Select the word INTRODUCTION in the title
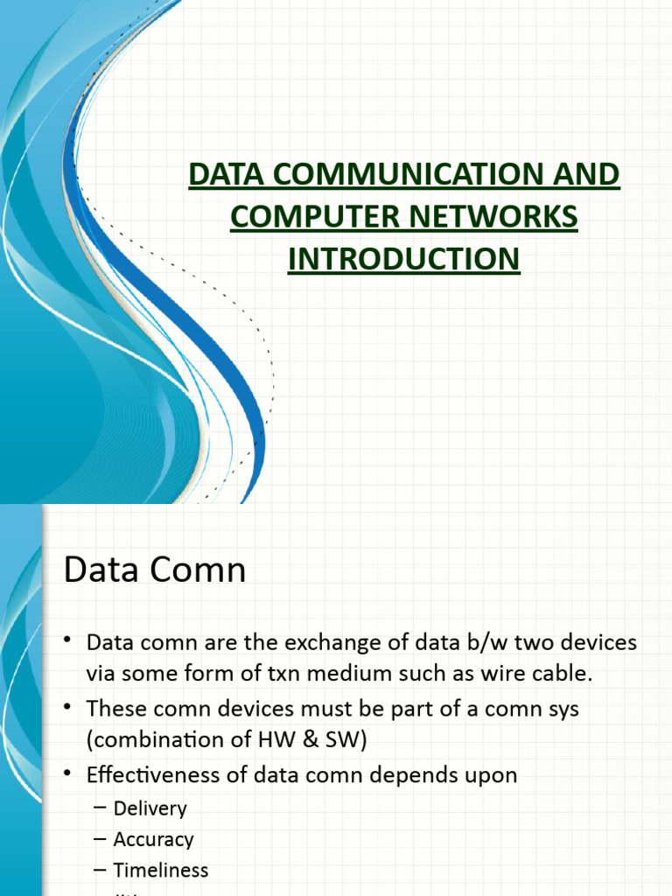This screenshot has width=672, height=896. (404, 259)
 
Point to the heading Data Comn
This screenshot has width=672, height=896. (155, 570)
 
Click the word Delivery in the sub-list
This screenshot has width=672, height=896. (150, 808)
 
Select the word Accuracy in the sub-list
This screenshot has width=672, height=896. (153, 839)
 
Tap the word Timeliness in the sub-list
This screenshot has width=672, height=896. (160, 871)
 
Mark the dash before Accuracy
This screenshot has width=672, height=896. (100, 839)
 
